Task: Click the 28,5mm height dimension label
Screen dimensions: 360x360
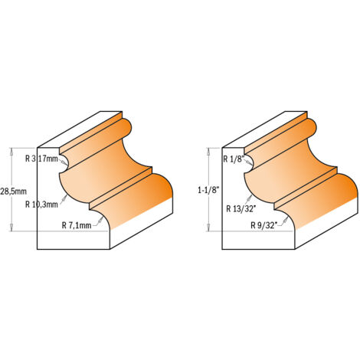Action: tap(13, 191)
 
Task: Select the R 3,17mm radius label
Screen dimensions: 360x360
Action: tap(41, 159)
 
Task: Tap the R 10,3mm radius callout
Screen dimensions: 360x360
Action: tap(41, 205)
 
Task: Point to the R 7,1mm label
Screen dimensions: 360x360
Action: tap(77, 225)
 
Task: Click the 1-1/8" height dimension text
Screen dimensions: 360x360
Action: tap(208, 191)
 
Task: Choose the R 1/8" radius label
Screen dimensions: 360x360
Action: tap(234, 159)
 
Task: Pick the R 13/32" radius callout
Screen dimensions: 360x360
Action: tap(241, 209)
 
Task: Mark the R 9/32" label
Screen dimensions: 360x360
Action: tap(263, 225)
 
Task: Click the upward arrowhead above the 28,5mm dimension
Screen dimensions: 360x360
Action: tap(11, 152)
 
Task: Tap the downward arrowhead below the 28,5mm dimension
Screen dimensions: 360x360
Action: tap(11, 227)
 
